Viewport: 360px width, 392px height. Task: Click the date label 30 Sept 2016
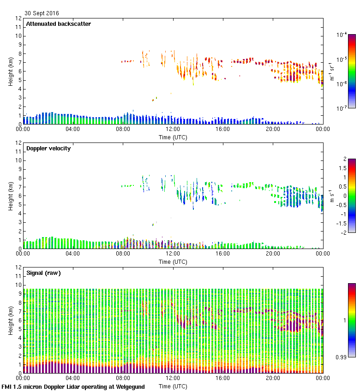[42, 13]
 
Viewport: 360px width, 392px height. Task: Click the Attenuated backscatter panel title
[59, 24]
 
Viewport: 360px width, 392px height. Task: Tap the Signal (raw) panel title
[44, 273]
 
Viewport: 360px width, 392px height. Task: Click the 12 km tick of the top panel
[19, 18]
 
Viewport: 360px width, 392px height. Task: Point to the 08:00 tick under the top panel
[123, 129]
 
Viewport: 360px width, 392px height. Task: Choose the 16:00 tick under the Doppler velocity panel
[222, 254]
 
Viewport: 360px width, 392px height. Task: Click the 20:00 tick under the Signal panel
[272, 378]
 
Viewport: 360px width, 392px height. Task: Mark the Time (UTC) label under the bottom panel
[173, 386]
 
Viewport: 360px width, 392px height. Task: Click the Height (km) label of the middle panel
[11, 196]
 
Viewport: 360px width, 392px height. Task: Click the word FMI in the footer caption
[7, 387]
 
